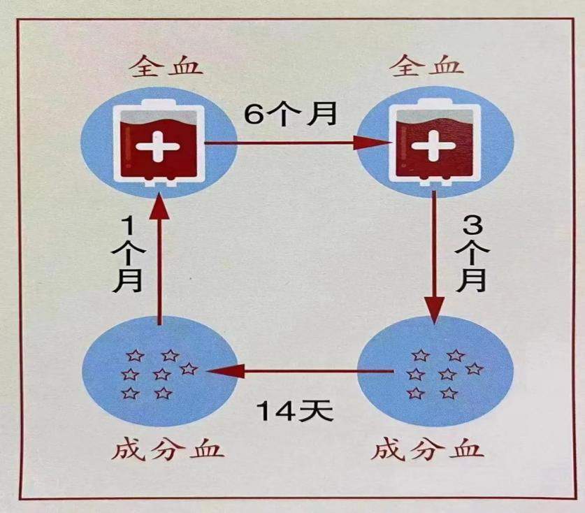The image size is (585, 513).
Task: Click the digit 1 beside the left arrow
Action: coord(129,228)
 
